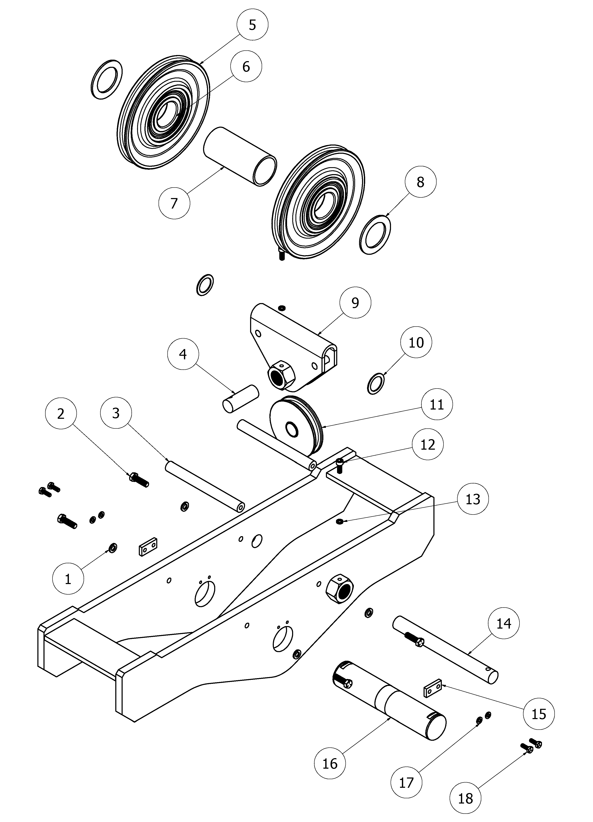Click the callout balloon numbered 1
(68, 579)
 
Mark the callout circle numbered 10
(416, 342)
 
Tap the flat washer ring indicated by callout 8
(375, 235)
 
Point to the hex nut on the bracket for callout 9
(281, 378)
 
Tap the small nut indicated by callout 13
(340, 521)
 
